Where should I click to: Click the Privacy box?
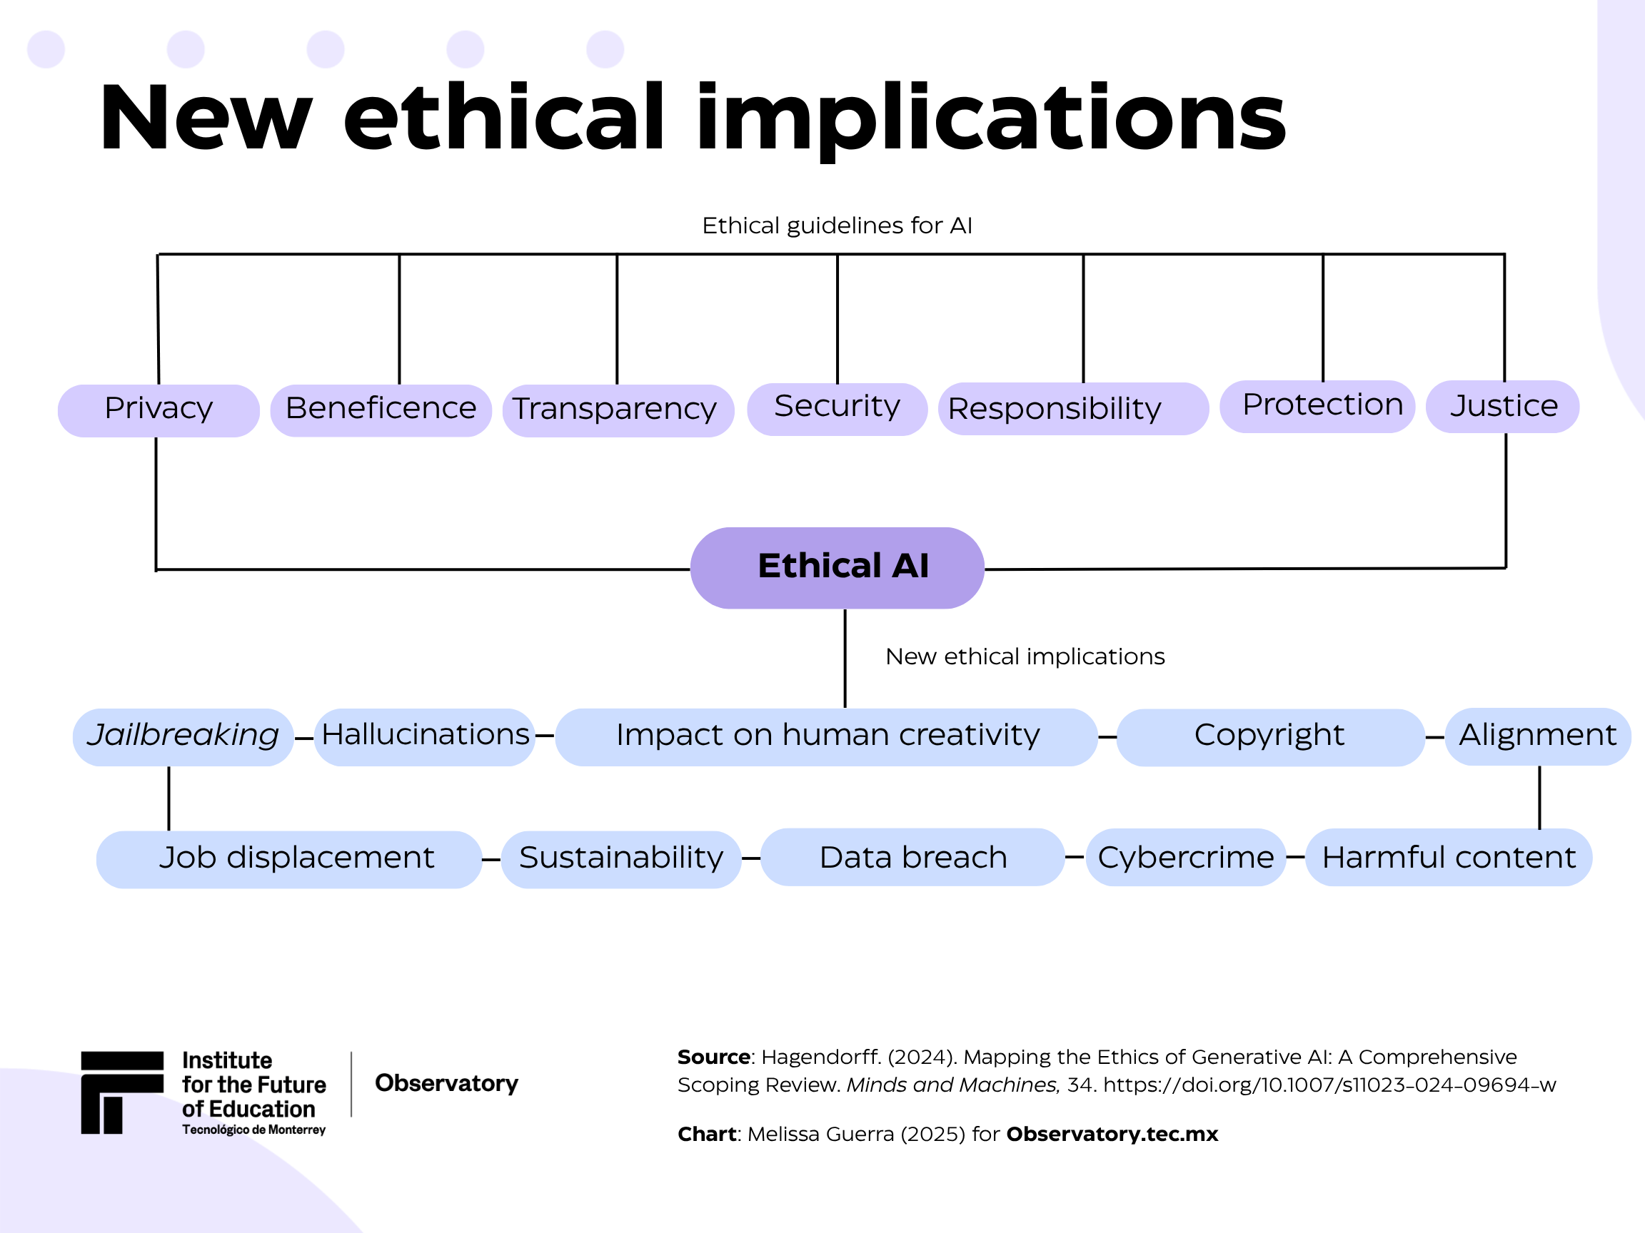(x=159, y=410)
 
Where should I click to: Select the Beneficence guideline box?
(x=381, y=410)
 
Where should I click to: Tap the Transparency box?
(x=618, y=410)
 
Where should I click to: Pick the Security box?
(x=837, y=409)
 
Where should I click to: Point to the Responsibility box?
(x=1073, y=409)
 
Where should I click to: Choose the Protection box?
(x=1317, y=407)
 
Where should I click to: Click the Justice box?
(x=1502, y=407)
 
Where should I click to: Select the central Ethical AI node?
(x=837, y=568)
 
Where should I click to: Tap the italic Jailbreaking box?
(x=183, y=736)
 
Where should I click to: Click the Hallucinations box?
(x=425, y=736)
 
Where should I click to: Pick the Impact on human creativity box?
(x=826, y=736)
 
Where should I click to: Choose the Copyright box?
(x=1270, y=736)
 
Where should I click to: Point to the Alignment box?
(x=1537, y=736)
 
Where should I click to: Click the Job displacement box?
(x=289, y=859)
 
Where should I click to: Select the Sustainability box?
(x=621, y=859)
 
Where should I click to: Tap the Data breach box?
(x=912, y=857)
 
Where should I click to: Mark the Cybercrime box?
(x=1185, y=857)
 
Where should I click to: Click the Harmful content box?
(x=1449, y=857)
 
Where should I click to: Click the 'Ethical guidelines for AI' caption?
(x=837, y=225)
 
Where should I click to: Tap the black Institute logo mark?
(x=122, y=1092)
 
